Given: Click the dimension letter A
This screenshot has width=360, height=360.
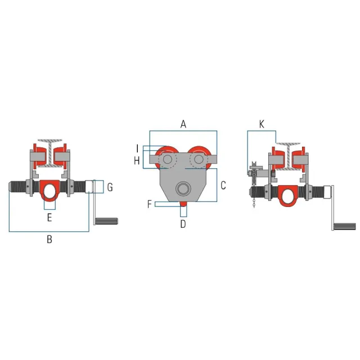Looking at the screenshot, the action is pyautogui.click(x=183, y=124).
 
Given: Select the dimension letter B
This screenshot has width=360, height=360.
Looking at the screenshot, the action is pyautogui.click(x=49, y=239).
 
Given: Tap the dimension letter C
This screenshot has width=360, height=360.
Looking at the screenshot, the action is pyautogui.click(x=223, y=186).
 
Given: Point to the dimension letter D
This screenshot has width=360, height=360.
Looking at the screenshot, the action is pyautogui.click(x=183, y=224).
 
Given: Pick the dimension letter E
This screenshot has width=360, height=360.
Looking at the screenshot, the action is pyautogui.click(x=49, y=217).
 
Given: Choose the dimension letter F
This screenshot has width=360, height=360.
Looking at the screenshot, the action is pyautogui.click(x=150, y=204).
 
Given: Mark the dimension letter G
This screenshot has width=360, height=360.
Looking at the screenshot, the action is pyautogui.click(x=110, y=187).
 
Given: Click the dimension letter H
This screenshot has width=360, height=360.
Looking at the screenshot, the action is pyautogui.click(x=137, y=161).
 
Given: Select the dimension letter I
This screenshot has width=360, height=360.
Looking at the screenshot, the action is pyautogui.click(x=137, y=148).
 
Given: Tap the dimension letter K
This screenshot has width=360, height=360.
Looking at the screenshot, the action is pyautogui.click(x=262, y=124).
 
